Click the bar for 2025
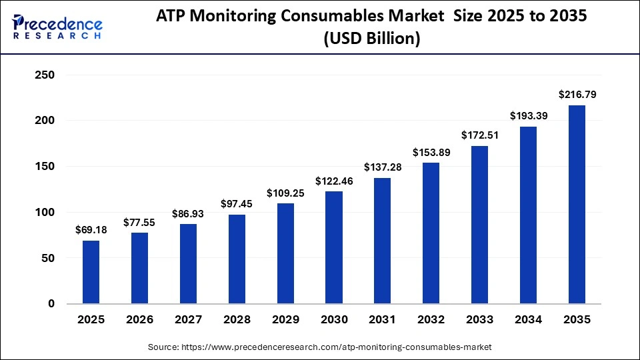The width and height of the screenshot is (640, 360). tap(91, 272)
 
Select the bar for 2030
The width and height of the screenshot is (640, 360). tap(334, 247)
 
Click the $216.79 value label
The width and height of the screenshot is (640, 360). tap(577, 95)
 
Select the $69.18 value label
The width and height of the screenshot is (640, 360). tap(91, 230)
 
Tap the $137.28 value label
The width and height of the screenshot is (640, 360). tap(383, 167)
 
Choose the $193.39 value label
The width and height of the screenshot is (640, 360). tap(528, 116)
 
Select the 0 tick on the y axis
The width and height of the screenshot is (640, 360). tap(50, 304)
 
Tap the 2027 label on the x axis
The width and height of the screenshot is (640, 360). tap(189, 321)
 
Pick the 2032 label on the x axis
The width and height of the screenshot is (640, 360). tap(431, 321)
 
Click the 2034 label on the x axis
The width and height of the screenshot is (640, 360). tap(528, 321)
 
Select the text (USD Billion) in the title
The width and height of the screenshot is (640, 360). tap(371, 40)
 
